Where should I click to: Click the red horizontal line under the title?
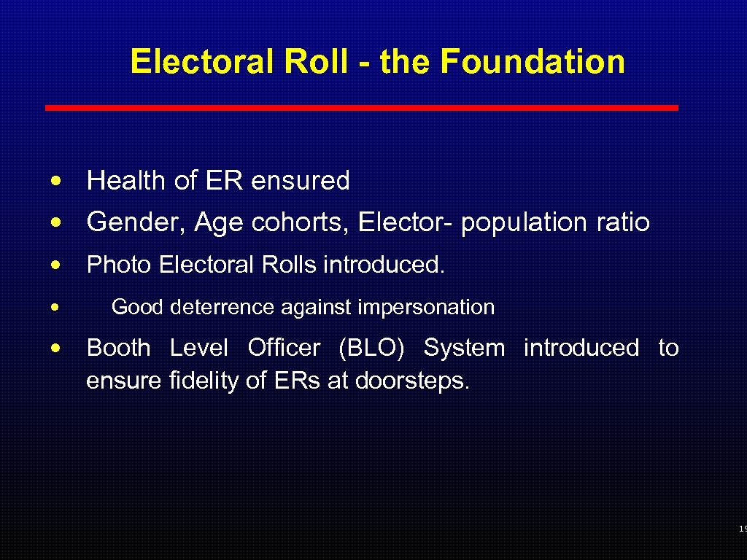point(362,108)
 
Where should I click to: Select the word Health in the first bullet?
point(127,181)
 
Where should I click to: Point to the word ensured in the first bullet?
point(301,181)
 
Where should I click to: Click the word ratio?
point(622,222)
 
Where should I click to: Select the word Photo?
point(119,265)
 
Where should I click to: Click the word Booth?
point(119,349)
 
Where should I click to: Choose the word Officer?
point(283,349)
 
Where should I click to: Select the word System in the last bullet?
point(464,349)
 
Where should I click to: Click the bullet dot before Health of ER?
point(56,181)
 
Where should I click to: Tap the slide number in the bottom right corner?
point(742,529)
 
